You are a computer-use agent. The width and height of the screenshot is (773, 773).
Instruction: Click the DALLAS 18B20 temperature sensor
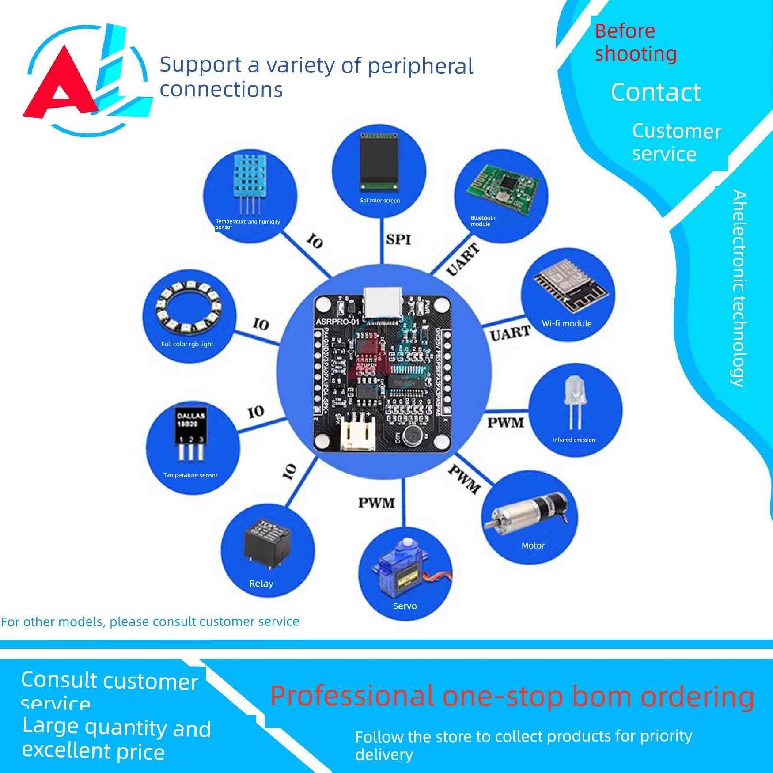pos(191,435)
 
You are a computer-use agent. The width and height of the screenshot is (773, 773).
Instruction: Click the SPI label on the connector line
pos(398,239)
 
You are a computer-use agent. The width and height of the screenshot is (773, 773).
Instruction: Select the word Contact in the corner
pos(656,92)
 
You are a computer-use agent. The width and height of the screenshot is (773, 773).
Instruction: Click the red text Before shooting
pos(635,42)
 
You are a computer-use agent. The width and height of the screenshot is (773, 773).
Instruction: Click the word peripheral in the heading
pos(420,66)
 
